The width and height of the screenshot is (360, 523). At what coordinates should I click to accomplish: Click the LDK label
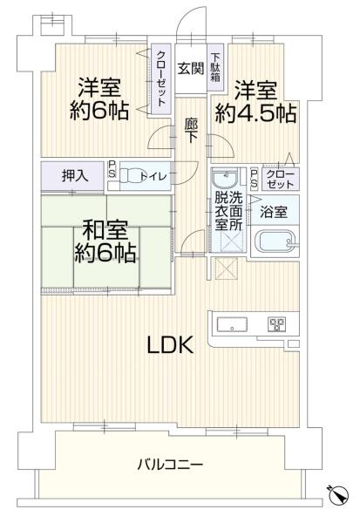pos(170,345)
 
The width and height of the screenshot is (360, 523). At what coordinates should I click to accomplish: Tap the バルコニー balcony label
pos(171,464)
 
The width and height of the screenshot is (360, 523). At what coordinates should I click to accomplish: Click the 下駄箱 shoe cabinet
pos(215,67)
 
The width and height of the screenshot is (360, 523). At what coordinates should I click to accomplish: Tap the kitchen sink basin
pos(232,324)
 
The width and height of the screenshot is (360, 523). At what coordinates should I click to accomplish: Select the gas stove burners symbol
pos(277,324)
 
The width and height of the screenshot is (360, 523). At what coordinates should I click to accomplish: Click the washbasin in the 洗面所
pos(225,179)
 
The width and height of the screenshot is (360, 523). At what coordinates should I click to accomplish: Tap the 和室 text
pos(105,232)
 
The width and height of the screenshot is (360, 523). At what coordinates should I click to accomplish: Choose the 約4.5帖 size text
pos(255,113)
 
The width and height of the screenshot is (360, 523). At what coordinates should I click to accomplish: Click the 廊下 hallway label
pos(191,131)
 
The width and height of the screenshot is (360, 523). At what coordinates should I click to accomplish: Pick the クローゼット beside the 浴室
pos(281,179)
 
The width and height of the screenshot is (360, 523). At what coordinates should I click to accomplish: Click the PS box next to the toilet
pos(112,169)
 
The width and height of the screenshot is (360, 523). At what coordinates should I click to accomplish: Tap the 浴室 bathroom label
pos(274,212)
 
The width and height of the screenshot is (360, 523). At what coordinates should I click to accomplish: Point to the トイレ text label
pos(153,176)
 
